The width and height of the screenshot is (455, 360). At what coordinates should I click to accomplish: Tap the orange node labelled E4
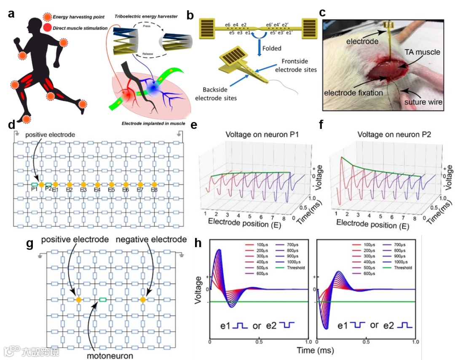click(x=97, y=185)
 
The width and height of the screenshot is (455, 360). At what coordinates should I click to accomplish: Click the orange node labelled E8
click(x=154, y=185)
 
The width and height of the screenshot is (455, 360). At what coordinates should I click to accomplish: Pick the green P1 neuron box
click(x=35, y=184)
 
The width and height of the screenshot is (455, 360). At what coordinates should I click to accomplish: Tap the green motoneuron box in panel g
click(x=102, y=299)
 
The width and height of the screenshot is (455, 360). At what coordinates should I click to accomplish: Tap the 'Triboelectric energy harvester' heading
click(x=146, y=16)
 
